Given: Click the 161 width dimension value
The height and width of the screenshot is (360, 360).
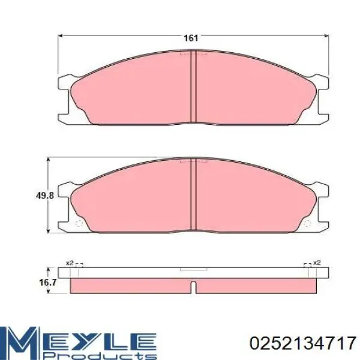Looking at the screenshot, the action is pyautogui.click(x=191, y=38).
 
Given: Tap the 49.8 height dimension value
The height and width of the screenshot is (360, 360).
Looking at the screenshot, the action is pyautogui.click(x=45, y=196).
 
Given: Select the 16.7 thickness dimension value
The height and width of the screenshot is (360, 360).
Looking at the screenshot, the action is pyautogui.click(x=48, y=283).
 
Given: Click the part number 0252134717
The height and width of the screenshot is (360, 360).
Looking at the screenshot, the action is pyautogui.click(x=302, y=343).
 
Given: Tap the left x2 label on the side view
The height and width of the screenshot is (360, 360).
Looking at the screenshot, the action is pyautogui.click(x=70, y=263).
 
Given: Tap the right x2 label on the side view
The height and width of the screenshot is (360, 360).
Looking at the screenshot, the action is pyautogui.click(x=317, y=262).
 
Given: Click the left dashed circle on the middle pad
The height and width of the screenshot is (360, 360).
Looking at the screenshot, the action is pyautogui.click(x=79, y=223).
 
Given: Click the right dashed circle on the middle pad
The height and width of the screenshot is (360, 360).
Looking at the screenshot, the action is pyautogui.click(x=307, y=223).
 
